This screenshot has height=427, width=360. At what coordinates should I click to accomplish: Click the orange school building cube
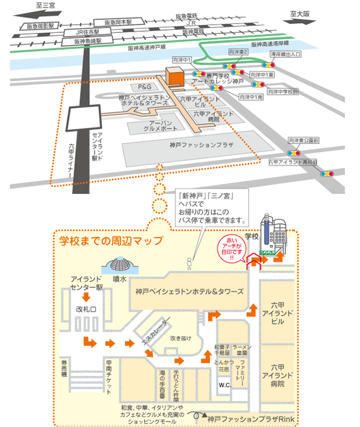[x=175, y=76]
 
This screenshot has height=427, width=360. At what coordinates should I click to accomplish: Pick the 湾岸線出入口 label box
[x=286, y=54]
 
